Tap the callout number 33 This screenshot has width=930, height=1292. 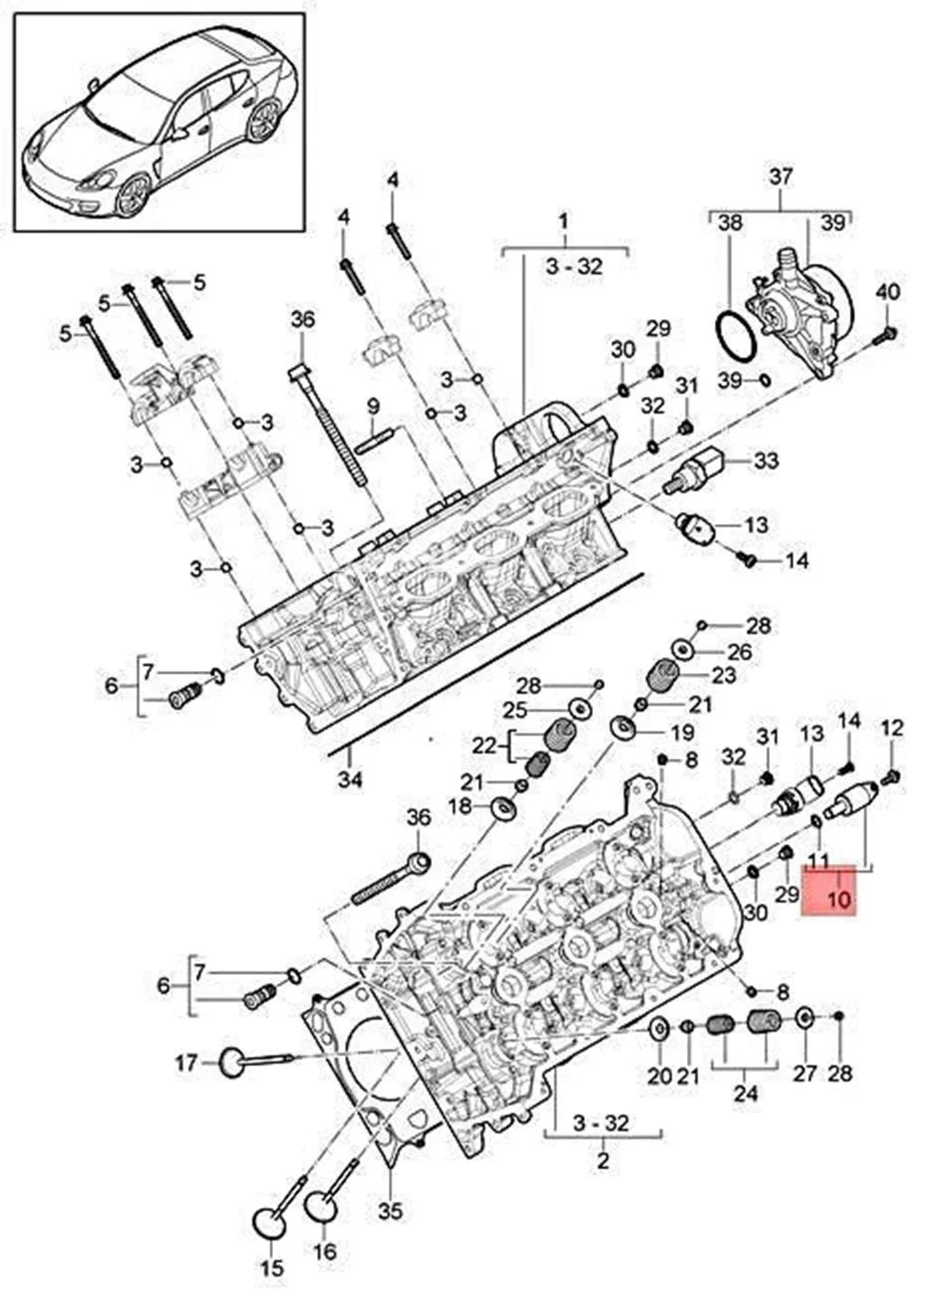pos(766,461)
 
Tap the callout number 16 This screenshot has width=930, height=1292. pos(325,1251)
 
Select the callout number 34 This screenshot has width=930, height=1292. pos(350,777)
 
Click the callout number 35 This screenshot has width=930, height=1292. pos(390,1210)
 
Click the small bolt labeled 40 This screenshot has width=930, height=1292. pos(886,337)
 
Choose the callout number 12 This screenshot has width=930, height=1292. pos(891,727)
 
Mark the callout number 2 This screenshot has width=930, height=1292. pos(604,1160)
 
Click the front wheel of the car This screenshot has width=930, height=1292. pos(133,193)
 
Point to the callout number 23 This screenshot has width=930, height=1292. pos(723,675)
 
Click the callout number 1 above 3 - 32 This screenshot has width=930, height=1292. pos(563,221)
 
